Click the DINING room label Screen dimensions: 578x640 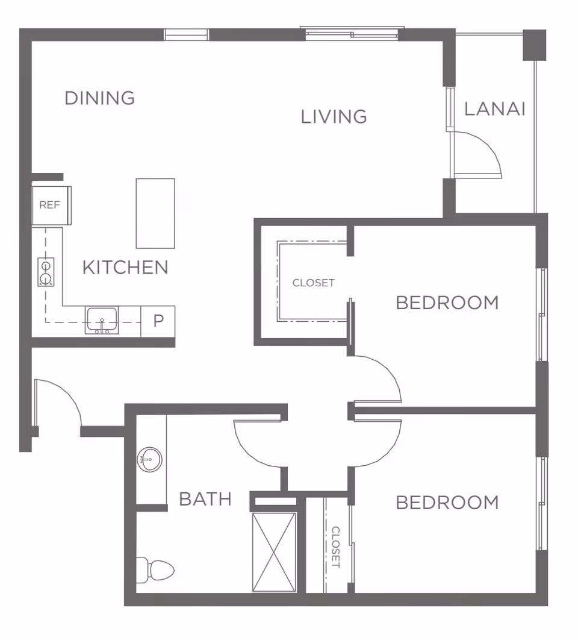(x=100, y=98)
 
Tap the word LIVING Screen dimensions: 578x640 (x=334, y=117)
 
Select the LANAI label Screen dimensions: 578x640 (x=495, y=109)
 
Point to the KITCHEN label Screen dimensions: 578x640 (x=126, y=268)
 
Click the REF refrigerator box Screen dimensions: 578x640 (x=51, y=205)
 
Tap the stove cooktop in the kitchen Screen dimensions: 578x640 (x=46, y=272)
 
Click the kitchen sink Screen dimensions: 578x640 (x=102, y=321)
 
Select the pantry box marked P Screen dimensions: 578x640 (x=158, y=321)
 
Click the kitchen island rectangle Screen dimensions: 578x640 (x=155, y=213)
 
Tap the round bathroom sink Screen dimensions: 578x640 (x=150, y=460)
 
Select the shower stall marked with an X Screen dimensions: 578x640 (x=274, y=552)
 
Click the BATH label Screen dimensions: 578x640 (x=205, y=499)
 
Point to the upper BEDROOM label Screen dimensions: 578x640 (x=447, y=303)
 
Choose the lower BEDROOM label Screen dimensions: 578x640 (x=447, y=503)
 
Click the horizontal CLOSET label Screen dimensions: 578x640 (x=313, y=283)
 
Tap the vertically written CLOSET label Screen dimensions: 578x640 (x=335, y=547)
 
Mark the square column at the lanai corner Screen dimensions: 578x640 (x=535, y=45)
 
